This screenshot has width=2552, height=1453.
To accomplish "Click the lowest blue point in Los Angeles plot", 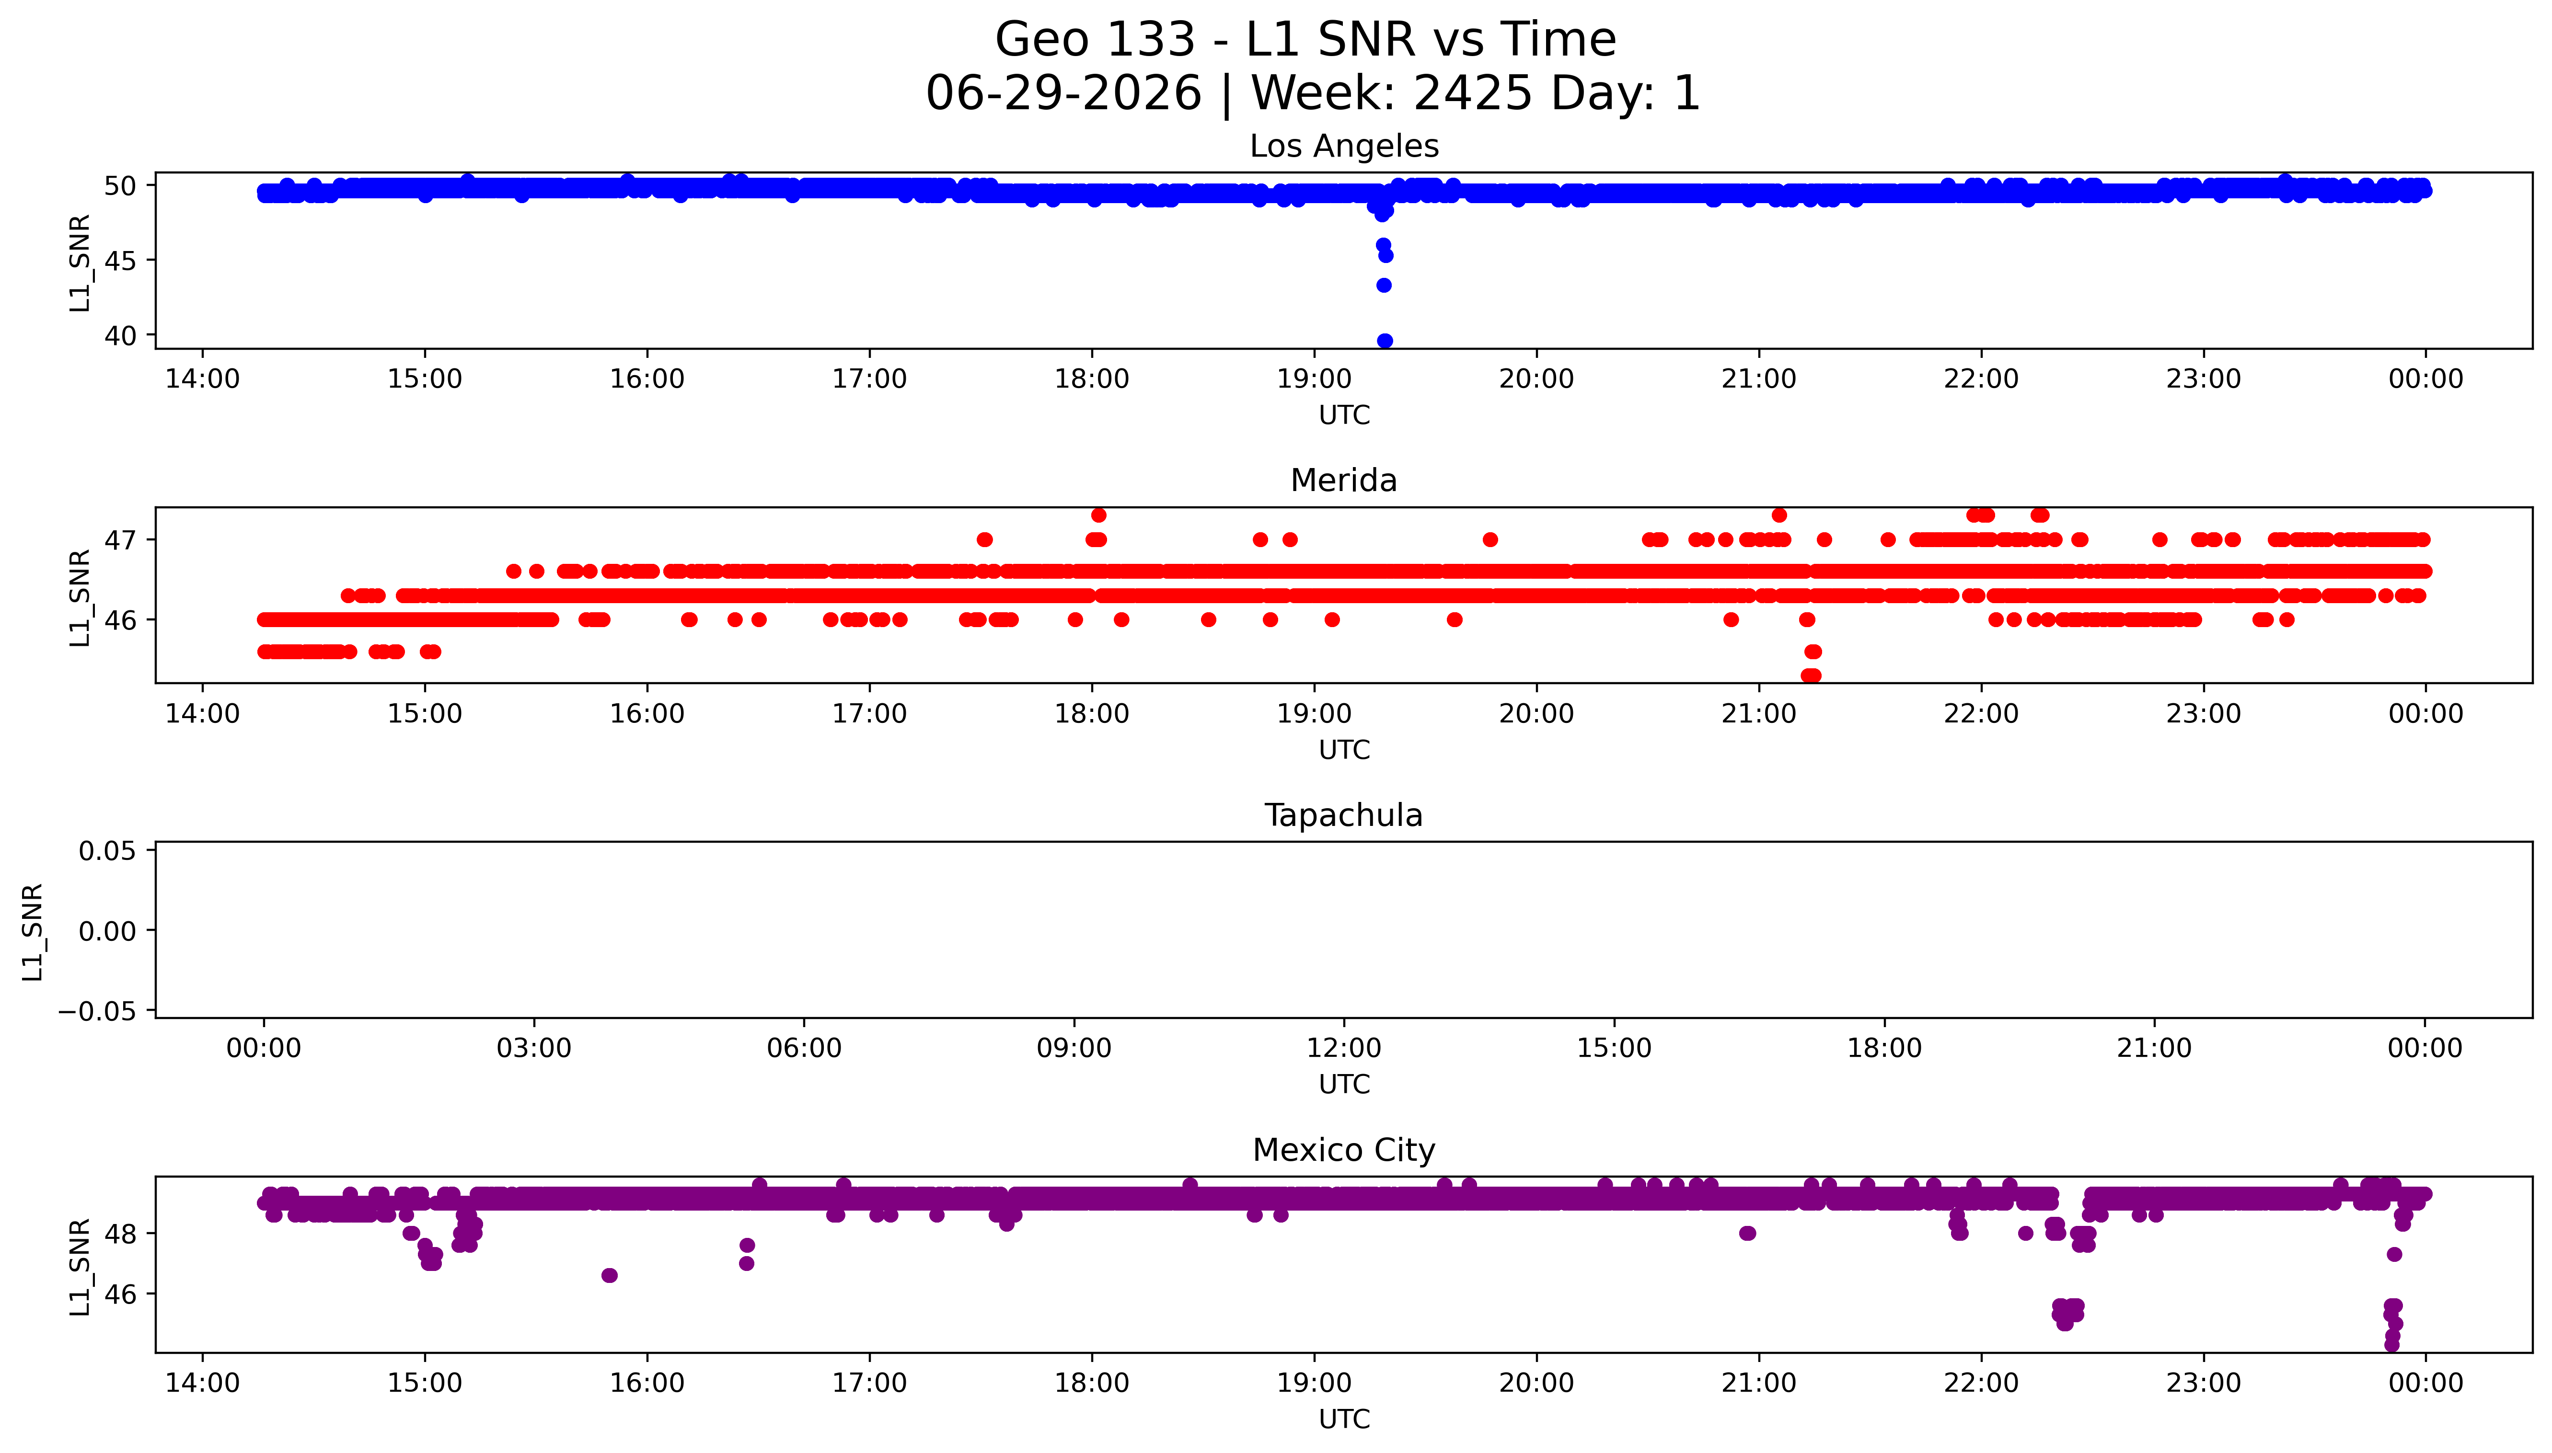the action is click(1384, 340).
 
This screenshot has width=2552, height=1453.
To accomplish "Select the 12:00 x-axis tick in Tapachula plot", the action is click(1344, 1048).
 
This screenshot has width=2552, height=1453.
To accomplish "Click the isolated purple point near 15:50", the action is click(610, 1275).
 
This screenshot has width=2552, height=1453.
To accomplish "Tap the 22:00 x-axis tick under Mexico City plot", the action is click(1981, 1383).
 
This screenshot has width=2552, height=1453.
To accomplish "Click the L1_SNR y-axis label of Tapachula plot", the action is click(33, 931).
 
